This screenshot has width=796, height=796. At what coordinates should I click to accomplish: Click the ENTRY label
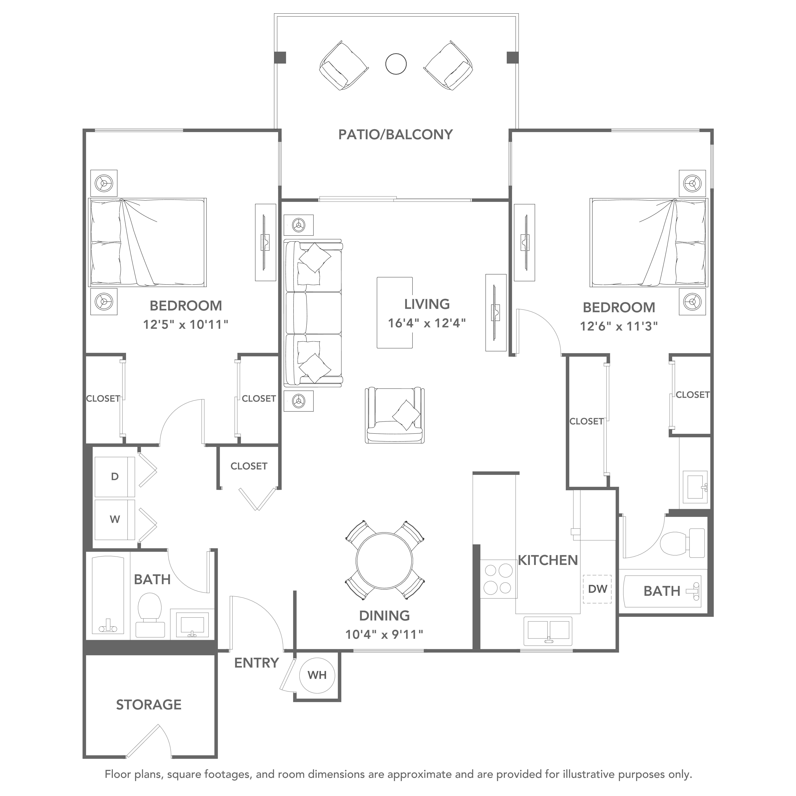tap(257, 663)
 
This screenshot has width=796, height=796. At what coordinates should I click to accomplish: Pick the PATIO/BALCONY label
tap(395, 135)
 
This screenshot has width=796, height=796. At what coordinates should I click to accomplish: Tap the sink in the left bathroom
tap(192, 624)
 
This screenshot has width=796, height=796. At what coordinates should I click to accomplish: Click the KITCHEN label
tap(548, 560)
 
